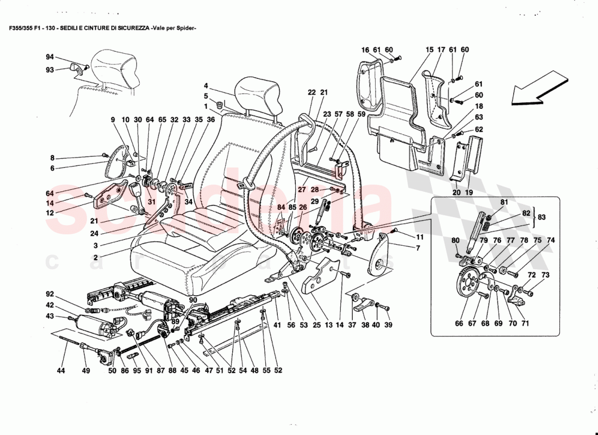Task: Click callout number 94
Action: pos(50,57)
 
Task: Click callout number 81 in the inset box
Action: pos(504,202)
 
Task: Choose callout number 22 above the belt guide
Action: pos(312,93)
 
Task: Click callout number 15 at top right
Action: pos(429,50)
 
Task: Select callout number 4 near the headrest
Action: pos(206,85)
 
